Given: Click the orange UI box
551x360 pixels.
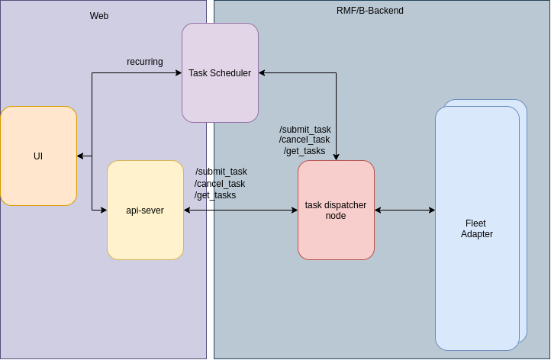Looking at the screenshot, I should [38, 156].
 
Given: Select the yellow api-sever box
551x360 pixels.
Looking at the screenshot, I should [145, 210].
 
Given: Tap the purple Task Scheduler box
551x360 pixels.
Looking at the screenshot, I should [220, 73].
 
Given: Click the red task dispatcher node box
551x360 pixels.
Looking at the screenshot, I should [336, 210].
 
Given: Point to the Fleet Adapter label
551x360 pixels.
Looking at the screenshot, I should [476, 229].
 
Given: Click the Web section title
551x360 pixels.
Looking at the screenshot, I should [99, 16].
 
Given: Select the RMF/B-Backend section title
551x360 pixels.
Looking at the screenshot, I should [370, 11].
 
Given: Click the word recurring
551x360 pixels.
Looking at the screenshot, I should [145, 62].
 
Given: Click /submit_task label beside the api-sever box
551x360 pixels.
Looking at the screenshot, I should [221, 172].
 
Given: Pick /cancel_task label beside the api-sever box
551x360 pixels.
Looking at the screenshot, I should [220, 184].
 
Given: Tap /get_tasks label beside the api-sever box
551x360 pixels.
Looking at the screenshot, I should [215, 195].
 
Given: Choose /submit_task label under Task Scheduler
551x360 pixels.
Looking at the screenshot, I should [305, 130].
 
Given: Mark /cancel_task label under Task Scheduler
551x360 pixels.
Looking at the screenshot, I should [304, 140].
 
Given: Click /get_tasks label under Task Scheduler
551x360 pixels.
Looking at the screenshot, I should [304, 151].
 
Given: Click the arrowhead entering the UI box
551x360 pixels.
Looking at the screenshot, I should [80, 156].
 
